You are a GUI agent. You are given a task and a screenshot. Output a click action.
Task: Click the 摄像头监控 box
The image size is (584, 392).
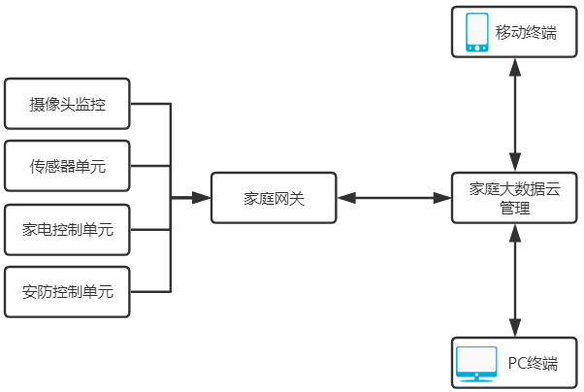point(67,104)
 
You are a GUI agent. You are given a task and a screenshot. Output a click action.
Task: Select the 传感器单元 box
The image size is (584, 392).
point(67,167)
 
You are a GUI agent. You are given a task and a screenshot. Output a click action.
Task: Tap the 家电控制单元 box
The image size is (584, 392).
point(67,230)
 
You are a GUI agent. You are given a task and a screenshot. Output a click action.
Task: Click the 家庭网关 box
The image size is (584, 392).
point(275,198)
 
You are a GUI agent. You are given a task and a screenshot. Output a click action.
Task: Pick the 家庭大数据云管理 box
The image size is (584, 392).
point(516,198)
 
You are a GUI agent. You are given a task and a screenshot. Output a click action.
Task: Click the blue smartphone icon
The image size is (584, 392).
point(476,32)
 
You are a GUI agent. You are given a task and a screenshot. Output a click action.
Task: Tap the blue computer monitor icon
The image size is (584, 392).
point(476,364)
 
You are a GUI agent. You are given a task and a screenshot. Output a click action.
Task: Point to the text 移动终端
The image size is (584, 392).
point(526,33)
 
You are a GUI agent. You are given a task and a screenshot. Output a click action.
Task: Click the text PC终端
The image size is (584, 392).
point(533,364)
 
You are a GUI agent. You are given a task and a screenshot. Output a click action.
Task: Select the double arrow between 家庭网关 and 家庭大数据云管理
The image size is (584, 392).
point(395,198)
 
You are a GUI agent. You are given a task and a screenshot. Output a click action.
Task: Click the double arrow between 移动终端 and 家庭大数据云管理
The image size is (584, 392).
point(516,114)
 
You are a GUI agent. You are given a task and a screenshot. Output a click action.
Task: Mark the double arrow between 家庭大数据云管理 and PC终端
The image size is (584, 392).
point(516,280)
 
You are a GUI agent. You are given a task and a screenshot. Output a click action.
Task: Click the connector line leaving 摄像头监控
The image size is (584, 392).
point(150,104)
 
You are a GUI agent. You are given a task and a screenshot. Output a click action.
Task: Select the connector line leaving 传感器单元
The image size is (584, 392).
point(150,167)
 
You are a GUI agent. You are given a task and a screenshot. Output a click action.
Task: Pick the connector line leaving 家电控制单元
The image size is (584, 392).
point(150,230)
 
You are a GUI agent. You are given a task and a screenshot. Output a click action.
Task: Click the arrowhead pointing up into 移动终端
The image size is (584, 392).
point(516,64)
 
